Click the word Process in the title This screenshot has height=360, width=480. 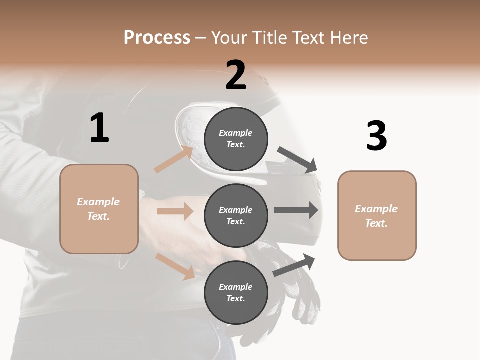[157, 38]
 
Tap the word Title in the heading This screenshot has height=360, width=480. [267, 38]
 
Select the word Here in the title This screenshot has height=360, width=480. [349, 38]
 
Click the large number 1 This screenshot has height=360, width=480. [99, 128]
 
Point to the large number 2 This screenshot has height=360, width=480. [236, 75]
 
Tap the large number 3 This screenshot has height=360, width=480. [376, 136]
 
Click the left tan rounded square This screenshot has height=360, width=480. [99, 209]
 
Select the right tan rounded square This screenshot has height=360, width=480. [377, 216]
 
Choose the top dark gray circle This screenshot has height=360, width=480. [236, 139]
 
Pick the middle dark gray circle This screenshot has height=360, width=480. [236, 216]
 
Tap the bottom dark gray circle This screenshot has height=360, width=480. [236, 293]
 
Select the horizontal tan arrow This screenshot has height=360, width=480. [175, 211]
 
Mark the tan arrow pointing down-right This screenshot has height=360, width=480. [175, 266]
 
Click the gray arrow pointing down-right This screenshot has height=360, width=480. [298, 160]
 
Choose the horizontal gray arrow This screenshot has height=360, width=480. [296, 210]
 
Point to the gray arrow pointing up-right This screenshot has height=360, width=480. [294, 265]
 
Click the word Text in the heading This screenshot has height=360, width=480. [307, 38]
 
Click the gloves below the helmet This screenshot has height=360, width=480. [300, 290]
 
